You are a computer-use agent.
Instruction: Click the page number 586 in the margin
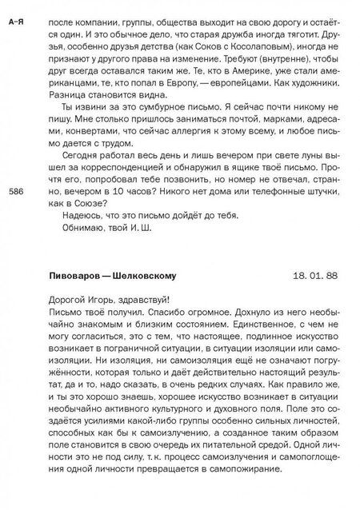pos(15,193)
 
